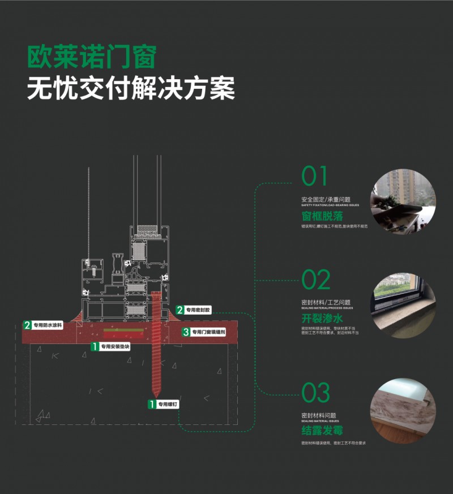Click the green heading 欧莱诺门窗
pos(92,57)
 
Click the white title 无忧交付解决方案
pos(131,88)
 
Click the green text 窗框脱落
pos(322,216)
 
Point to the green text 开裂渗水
pos(322,318)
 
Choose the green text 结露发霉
pos(322,431)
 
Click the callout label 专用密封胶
pos(197,310)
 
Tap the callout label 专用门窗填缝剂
pos(207,332)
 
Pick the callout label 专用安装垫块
pos(115,346)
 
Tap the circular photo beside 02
pos(403,306)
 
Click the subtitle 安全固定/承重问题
pos(326,200)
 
